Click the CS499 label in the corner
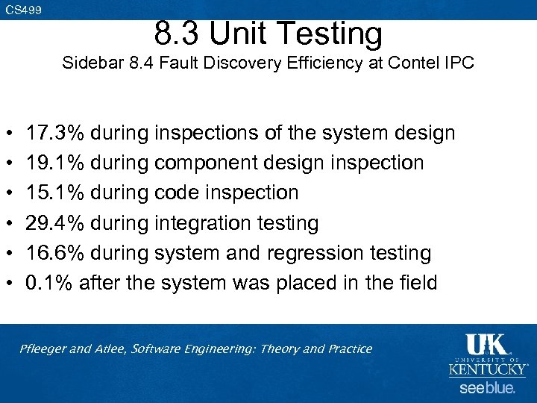coord(23,10)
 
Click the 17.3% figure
coord(56,134)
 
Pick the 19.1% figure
coord(56,163)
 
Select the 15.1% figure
coord(56,193)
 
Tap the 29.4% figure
coord(56,222)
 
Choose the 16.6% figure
coord(56,253)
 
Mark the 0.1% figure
coord(49,283)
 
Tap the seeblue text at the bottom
coord(487,388)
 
